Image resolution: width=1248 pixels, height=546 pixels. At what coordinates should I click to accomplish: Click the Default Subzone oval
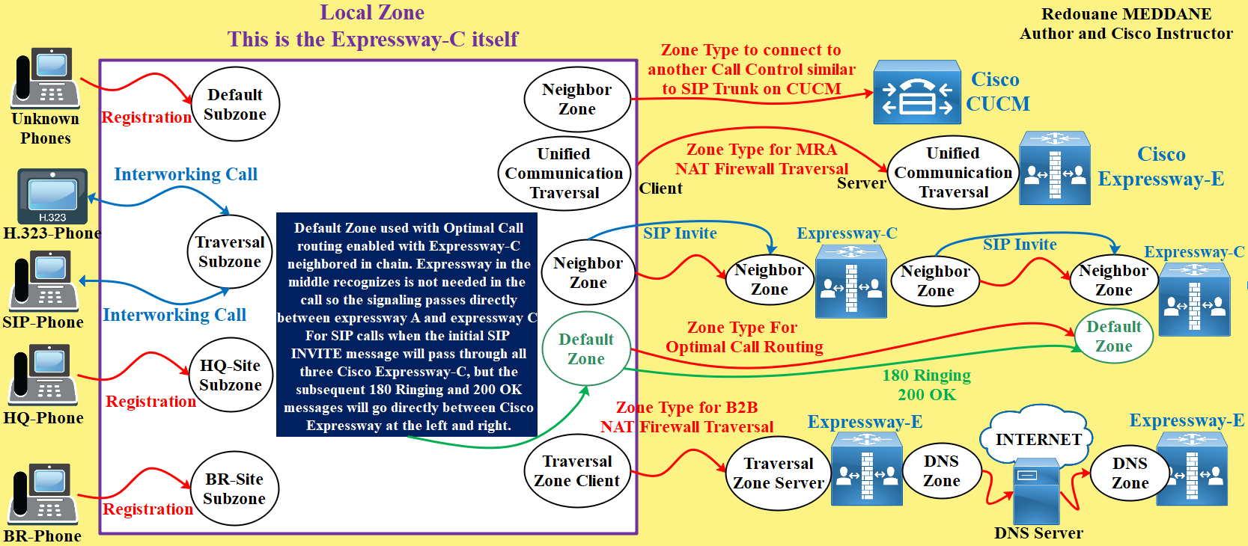235,104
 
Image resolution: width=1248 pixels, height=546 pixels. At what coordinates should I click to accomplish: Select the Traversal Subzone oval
230,252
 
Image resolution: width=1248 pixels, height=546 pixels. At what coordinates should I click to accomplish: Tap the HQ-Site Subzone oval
231,375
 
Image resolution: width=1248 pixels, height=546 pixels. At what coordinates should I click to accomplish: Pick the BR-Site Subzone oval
234,488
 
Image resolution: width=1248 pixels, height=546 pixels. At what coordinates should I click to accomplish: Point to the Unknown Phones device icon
45,78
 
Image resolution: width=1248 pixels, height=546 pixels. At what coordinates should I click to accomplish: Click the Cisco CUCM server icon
917,93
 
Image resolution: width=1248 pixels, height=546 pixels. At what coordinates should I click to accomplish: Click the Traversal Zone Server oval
779,473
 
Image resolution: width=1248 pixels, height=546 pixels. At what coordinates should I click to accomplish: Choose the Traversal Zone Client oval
576,470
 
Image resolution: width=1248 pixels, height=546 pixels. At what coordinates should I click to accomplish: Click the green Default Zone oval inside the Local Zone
585,349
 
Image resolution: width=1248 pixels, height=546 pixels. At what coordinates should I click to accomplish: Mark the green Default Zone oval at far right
1113,336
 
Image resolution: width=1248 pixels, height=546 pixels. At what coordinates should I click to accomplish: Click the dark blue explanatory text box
407,325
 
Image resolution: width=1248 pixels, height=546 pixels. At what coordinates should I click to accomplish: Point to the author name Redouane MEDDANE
1125,14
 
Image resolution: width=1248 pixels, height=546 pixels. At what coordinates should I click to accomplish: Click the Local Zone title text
372,13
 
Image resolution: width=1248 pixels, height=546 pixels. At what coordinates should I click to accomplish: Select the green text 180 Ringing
926,375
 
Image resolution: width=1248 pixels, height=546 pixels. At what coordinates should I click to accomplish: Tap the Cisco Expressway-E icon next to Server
1054,170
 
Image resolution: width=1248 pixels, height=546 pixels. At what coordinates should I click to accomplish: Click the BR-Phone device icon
43,494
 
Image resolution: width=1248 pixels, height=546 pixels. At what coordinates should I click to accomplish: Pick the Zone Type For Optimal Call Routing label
743,337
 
